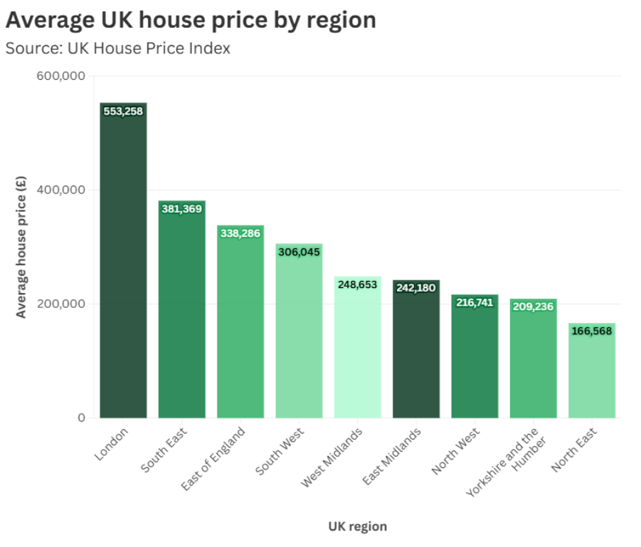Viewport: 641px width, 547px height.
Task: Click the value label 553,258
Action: click(x=123, y=111)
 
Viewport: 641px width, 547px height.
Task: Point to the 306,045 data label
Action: click(x=299, y=252)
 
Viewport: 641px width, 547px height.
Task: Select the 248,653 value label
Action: click(x=358, y=285)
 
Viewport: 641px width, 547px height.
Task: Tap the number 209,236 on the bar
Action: click(x=533, y=307)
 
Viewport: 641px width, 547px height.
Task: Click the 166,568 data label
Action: click(x=591, y=331)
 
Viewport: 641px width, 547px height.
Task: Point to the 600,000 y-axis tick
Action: click(x=60, y=76)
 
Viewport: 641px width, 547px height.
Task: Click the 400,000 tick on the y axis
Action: click(x=60, y=190)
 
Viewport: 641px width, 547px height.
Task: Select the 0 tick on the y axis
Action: click(x=81, y=418)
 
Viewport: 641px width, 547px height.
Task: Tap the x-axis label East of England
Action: click(x=213, y=458)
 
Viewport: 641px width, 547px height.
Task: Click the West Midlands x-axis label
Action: click(x=332, y=457)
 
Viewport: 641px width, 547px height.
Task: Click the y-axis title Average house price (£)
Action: click(x=21, y=247)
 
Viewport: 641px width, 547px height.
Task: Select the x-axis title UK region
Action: click(x=357, y=526)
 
